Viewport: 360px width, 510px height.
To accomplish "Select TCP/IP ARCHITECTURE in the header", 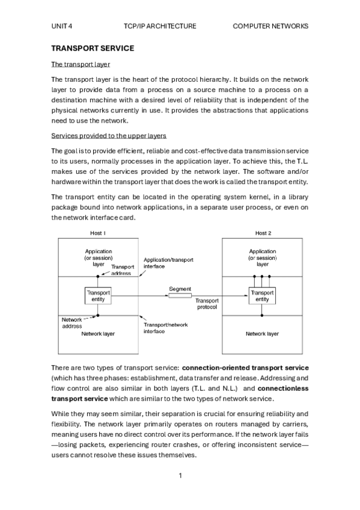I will click(x=160, y=26).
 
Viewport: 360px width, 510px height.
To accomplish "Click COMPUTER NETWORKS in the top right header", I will click(x=270, y=26).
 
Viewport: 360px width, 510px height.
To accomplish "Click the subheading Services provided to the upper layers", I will click(x=108, y=136).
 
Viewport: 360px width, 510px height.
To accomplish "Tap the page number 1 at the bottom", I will click(x=180, y=476).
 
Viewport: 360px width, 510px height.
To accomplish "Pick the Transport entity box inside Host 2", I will click(x=262, y=296).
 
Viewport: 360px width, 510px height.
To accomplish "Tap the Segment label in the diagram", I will click(x=180, y=289).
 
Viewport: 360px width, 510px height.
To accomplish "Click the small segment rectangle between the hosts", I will click(x=180, y=296).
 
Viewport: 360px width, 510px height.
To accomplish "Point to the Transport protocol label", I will click(x=207, y=303).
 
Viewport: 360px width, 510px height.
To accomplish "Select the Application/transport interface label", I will click(x=168, y=263).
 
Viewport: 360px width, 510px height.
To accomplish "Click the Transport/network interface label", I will click(x=165, y=328).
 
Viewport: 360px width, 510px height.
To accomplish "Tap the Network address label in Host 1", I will click(x=72, y=323).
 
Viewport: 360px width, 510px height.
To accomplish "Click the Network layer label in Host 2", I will click(x=262, y=333).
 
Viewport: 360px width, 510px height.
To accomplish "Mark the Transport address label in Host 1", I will click(x=123, y=270).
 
